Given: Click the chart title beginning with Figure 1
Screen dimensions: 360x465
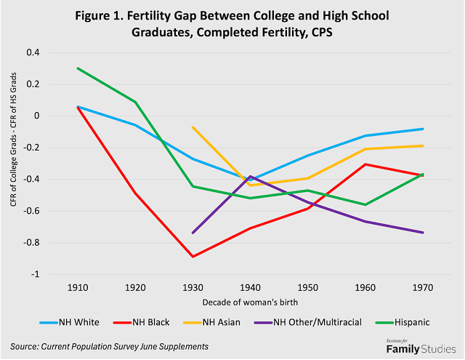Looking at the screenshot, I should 232,24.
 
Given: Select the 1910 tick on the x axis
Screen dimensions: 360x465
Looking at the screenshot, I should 78,287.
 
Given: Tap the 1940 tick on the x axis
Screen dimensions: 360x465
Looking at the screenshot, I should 251,287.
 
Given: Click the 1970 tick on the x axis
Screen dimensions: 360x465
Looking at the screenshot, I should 423,287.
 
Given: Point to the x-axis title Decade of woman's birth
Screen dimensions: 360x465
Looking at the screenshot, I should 250,300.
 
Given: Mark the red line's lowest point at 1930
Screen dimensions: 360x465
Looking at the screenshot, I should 193,257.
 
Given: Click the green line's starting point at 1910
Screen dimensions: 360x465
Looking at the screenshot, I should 78,68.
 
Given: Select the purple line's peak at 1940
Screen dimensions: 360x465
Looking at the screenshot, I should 251,176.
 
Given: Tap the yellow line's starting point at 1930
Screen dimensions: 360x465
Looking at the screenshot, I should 193,127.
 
